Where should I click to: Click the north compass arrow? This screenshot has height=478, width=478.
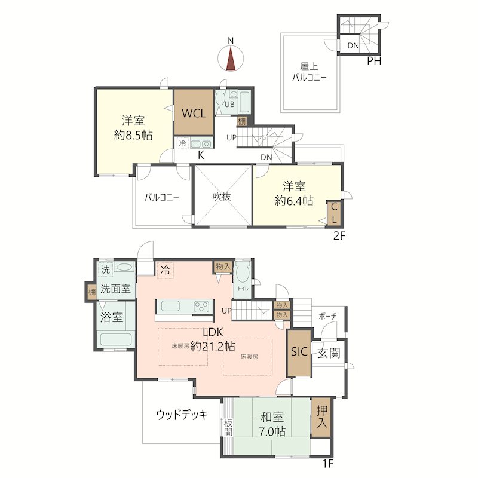(231, 57)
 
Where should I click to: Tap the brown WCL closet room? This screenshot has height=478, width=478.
(194, 112)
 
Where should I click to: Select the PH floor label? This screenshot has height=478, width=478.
(374, 60)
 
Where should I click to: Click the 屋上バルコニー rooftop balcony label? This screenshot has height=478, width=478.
(308, 73)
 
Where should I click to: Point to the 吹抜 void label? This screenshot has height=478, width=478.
(222, 197)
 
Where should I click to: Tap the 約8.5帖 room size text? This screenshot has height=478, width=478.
(133, 135)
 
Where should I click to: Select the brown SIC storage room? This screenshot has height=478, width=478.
(299, 353)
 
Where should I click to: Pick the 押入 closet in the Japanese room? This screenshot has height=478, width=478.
(322, 417)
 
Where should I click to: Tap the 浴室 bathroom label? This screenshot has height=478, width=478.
(112, 317)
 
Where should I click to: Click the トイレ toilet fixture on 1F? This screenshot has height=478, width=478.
(243, 277)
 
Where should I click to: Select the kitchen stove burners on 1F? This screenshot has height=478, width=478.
(201, 307)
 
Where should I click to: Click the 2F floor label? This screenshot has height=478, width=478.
(339, 235)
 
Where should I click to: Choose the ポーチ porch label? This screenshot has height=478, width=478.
(326, 316)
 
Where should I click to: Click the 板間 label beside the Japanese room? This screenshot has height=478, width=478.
(228, 427)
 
